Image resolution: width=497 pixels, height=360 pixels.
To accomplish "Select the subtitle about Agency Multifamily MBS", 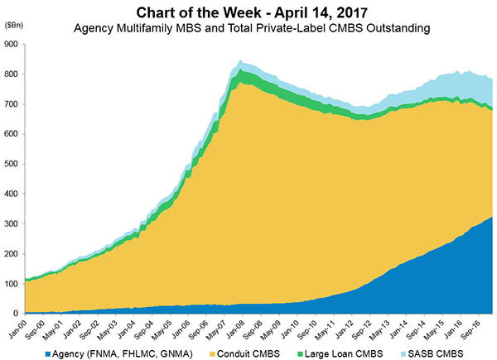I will click(x=249, y=28).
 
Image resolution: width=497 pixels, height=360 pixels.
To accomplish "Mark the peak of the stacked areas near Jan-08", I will click(x=240, y=60).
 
